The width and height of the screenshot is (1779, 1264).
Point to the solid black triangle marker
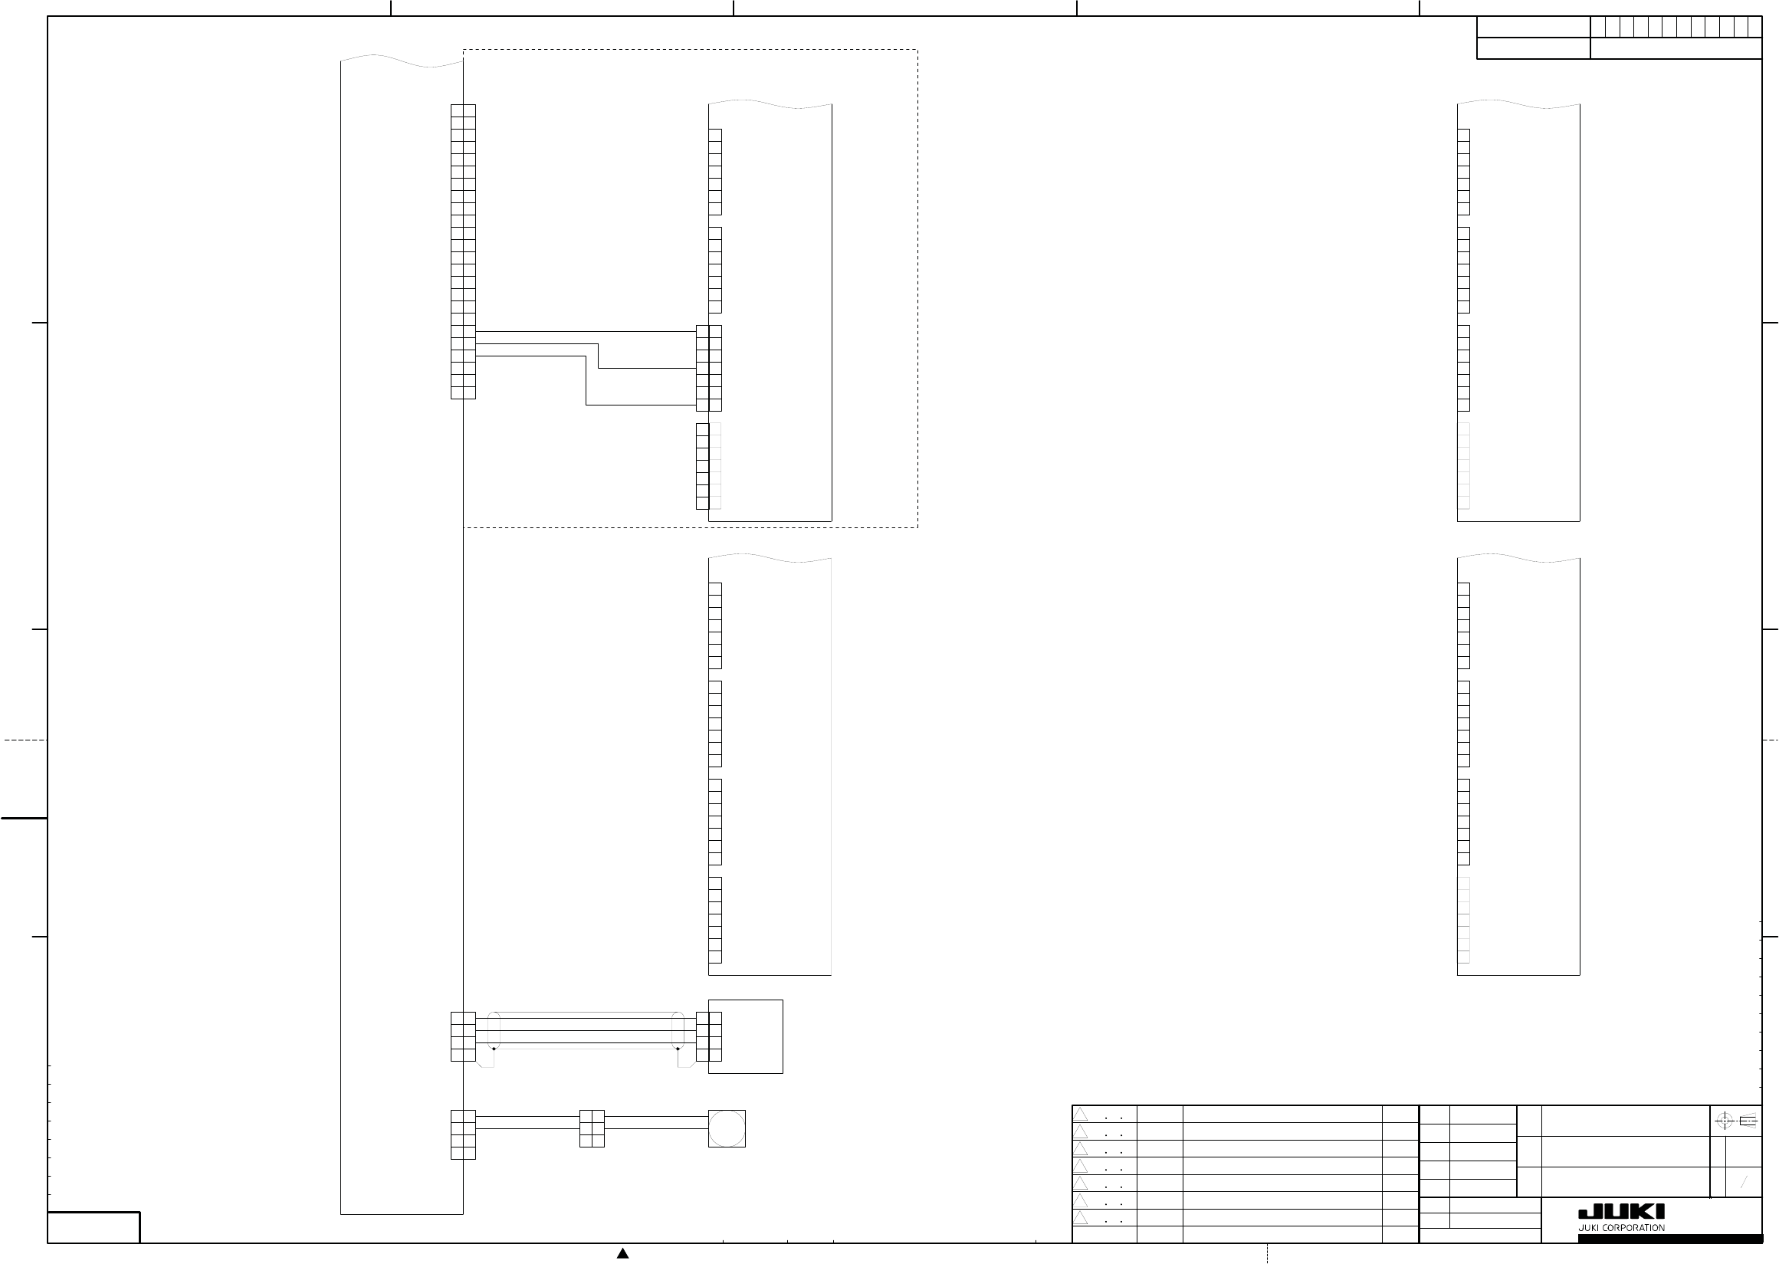tap(622, 1253)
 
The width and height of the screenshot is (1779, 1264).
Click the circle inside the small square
tap(727, 1128)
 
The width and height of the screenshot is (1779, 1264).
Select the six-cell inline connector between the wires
tap(592, 1128)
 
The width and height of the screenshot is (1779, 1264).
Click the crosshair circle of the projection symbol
tap(1724, 1121)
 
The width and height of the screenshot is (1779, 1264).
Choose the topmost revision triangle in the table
tap(1081, 1114)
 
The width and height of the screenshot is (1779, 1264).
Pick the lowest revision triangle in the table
tap(1081, 1217)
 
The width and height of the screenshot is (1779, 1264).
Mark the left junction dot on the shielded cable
tap(494, 1049)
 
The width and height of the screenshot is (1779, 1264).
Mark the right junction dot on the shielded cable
tap(678, 1049)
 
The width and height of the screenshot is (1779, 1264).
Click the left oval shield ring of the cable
tap(494, 1030)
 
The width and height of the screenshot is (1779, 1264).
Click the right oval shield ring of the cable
tap(678, 1030)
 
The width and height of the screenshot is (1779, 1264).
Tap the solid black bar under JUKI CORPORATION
tap(1681, 1238)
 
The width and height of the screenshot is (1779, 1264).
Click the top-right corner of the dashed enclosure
tap(917, 50)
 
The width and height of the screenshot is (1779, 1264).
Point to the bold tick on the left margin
tap(24, 818)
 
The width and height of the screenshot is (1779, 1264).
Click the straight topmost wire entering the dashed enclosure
tap(586, 332)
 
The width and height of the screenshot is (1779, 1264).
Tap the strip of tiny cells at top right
tap(1676, 27)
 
